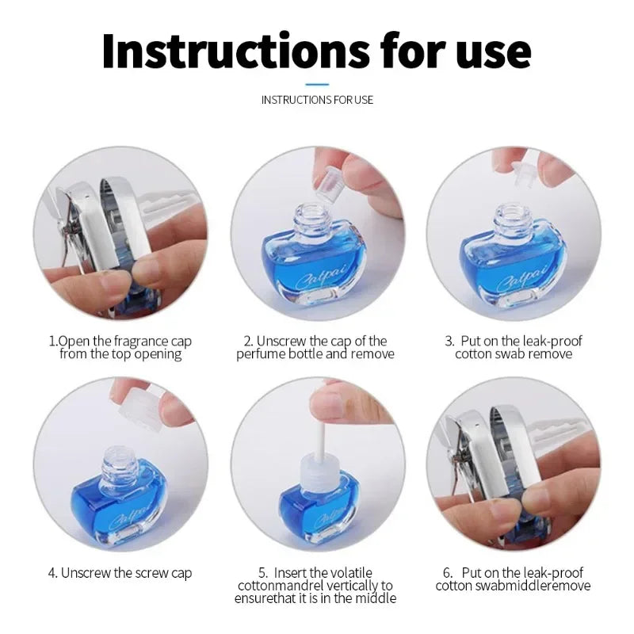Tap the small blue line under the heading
coord(317,83)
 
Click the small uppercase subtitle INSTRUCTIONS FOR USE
coord(317,100)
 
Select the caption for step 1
coord(120,347)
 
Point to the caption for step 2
coord(315,347)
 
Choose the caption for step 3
coord(514,347)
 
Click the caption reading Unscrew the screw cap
coord(120,572)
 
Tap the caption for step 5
coord(315,585)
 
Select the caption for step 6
coord(514,579)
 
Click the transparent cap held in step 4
coord(139,409)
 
